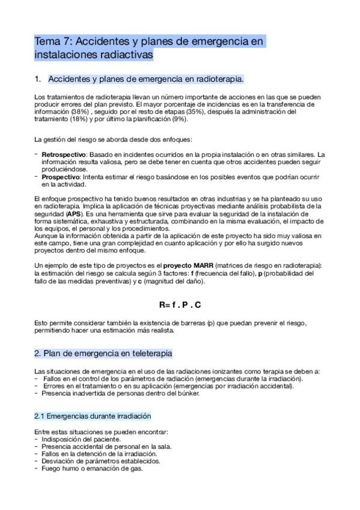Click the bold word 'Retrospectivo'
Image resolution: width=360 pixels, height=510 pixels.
[63, 155]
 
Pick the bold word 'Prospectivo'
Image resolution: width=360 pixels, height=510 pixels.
[60, 177]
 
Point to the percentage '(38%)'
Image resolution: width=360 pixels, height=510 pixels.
[78, 111]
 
